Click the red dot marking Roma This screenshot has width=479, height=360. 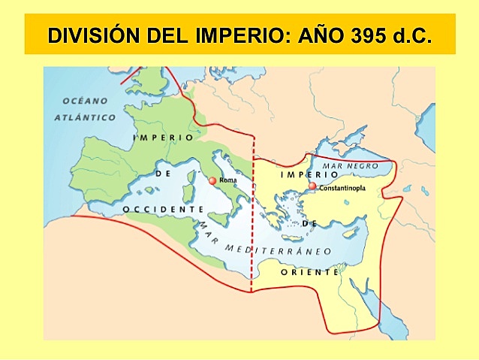pos(212,180)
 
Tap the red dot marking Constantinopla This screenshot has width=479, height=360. pos(313,186)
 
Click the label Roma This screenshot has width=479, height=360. pos(227,180)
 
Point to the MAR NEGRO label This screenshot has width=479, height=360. pos(350,165)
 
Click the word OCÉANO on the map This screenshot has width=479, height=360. pos(86,101)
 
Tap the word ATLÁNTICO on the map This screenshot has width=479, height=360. pos(86,118)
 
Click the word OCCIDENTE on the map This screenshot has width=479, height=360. pos(163,208)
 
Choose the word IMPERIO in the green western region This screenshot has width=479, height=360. pos(163,138)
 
